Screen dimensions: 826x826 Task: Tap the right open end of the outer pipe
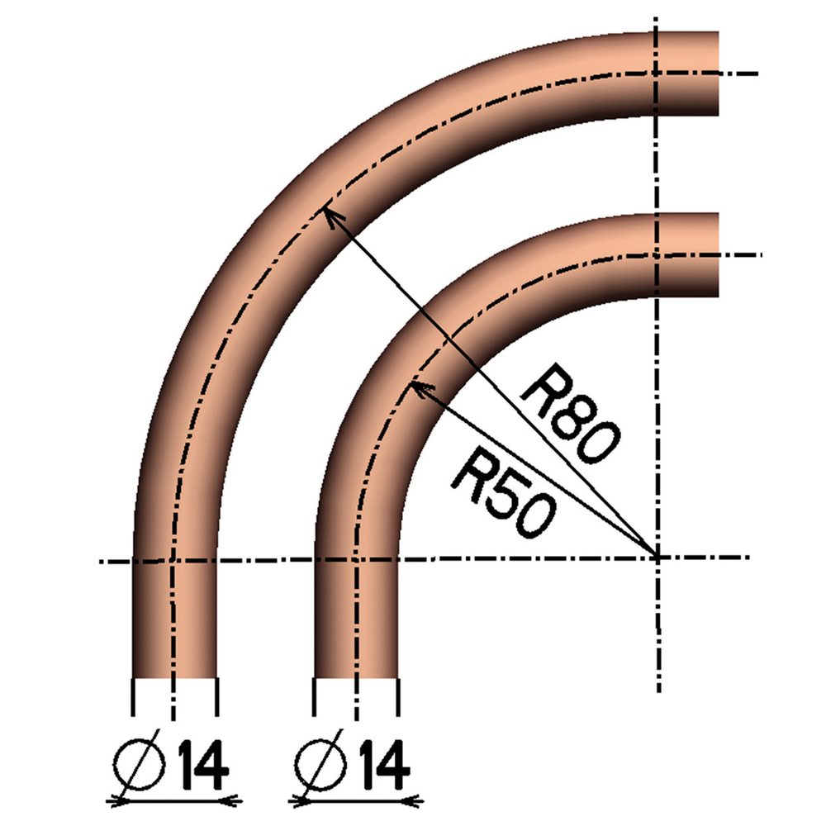click(x=717, y=74)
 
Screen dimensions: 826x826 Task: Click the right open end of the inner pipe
click(x=717, y=255)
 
